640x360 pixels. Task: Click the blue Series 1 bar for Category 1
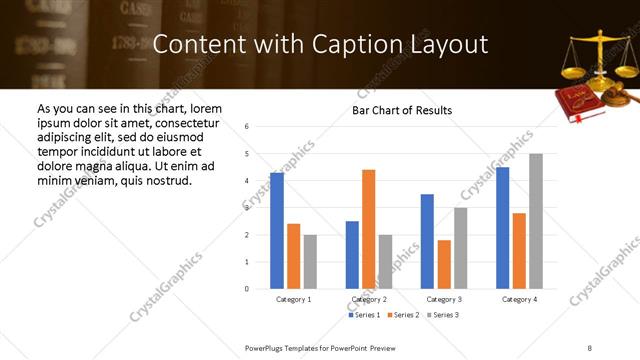277,231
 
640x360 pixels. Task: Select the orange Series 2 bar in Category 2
369,229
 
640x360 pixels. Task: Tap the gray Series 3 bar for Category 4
536,221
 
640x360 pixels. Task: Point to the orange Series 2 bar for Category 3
444,264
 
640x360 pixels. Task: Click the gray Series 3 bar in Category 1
310,262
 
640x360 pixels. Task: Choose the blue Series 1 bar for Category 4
503,228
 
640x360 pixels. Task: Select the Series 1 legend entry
364,315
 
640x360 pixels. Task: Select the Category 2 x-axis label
369,299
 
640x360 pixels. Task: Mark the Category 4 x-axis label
519,299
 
